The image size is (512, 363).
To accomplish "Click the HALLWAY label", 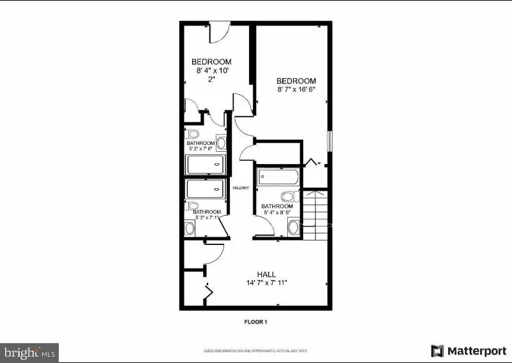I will [x=240, y=188].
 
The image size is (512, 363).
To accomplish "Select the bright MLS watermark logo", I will [x=30, y=352].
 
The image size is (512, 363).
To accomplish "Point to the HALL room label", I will [x=267, y=274].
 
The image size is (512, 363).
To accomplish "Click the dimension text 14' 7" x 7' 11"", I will [x=267, y=283].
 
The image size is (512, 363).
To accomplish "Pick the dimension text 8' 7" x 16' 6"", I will [x=296, y=90].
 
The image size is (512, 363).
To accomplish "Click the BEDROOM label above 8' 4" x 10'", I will [x=211, y=62].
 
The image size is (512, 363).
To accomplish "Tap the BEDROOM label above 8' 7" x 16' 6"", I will [x=296, y=81].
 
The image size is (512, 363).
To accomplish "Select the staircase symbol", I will [x=317, y=214].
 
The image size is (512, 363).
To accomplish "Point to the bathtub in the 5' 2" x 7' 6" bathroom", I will [x=206, y=165].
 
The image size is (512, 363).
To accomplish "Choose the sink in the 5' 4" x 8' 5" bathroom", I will [x=294, y=226].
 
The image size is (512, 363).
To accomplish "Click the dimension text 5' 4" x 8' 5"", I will [x=277, y=214].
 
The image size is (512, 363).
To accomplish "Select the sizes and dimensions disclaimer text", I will [x=255, y=351].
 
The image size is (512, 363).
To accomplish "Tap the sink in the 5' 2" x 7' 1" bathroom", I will [x=190, y=228].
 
